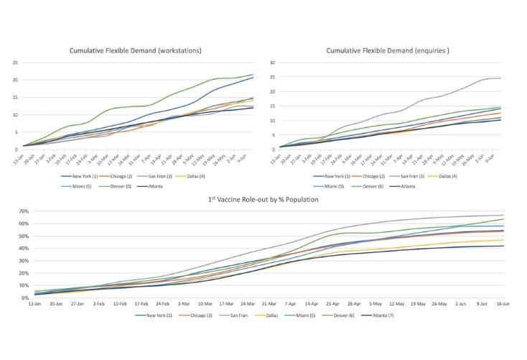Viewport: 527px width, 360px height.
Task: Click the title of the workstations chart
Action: [x=135, y=51]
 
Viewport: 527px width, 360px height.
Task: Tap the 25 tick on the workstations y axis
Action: [x=15, y=62]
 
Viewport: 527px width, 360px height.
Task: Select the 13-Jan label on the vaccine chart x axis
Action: [x=34, y=304]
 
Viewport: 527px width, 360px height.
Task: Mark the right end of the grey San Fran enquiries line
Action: [x=500, y=78]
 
